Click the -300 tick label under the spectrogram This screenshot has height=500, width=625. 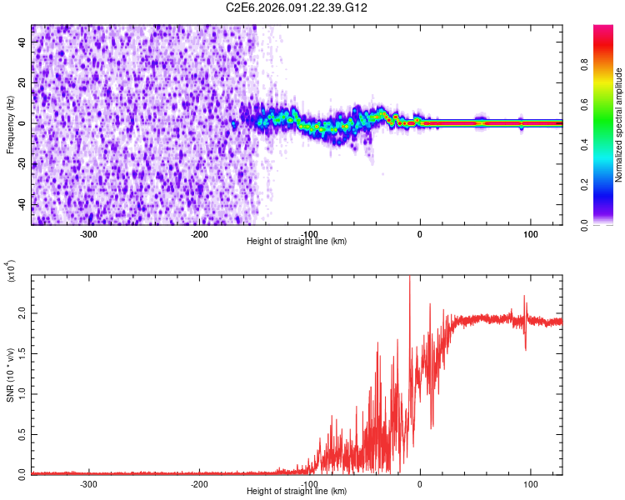tap(88, 234)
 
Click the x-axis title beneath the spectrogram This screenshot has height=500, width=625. tap(297, 242)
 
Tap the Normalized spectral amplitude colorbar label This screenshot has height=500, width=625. tap(618, 125)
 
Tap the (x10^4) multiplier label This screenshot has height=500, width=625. tap(10, 272)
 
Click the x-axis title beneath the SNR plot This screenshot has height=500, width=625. tap(297, 492)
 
